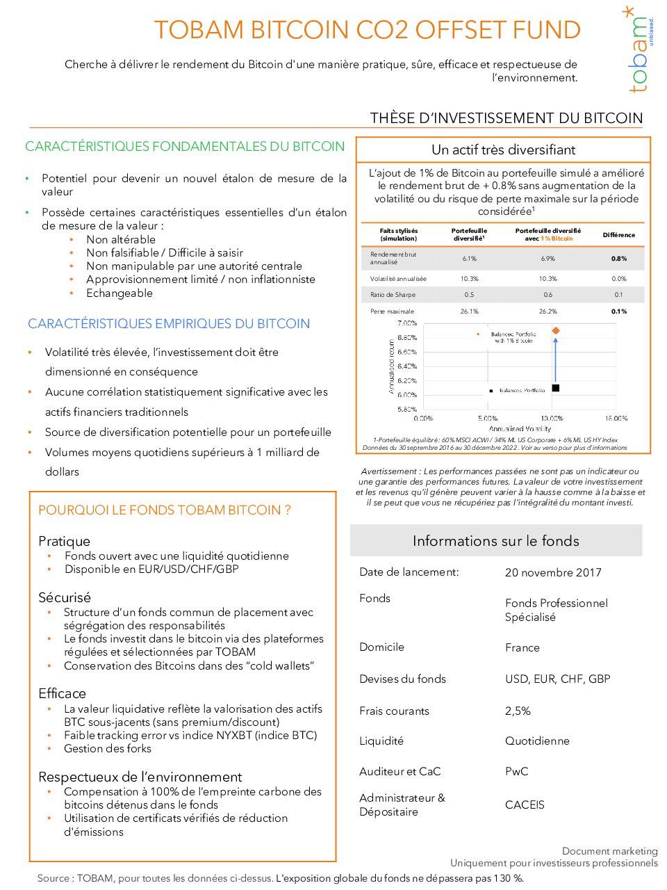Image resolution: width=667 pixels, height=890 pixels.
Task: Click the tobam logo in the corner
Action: (x=639, y=50)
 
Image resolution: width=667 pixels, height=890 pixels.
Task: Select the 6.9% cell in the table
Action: (x=547, y=259)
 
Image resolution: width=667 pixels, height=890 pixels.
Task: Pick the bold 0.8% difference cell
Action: (x=618, y=259)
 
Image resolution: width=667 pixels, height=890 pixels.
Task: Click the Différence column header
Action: (x=618, y=235)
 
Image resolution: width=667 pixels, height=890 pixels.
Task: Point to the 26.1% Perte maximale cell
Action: (x=469, y=311)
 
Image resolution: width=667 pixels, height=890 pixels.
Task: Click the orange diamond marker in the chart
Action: (x=556, y=331)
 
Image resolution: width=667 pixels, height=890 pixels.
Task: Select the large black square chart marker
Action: (x=556, y=388)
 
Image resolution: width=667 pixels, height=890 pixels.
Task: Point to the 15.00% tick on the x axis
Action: (x=616, y=419)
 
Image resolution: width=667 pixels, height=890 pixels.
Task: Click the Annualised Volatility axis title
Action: (x=520, y=429)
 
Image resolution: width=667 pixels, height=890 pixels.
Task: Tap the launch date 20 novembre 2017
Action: (x=553, y=573)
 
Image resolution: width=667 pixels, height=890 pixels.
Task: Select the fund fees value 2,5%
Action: (x=518, y=711)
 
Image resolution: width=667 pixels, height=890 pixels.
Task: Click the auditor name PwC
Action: (x=516, y=772)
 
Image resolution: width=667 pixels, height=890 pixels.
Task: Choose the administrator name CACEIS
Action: (x=525, y=805)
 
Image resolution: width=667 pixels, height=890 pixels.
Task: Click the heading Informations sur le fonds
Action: (x=495, y=541)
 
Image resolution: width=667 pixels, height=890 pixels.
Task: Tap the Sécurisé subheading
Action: (x=65, y=598)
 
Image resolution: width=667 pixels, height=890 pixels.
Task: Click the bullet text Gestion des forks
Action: (x=108, y=749)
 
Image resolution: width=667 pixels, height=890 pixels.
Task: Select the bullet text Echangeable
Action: (x=120, y=293)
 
